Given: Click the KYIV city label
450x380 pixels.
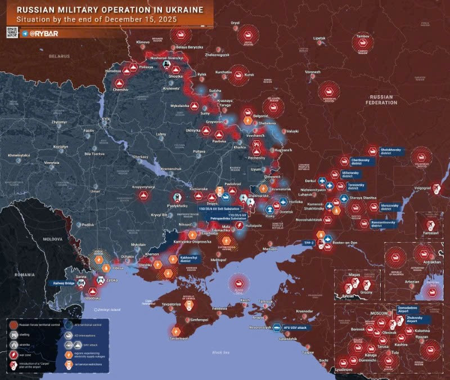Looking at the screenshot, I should [106, 119].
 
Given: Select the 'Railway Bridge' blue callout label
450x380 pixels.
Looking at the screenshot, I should [63, 283].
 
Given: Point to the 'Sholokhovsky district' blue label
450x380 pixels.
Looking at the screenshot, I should [393, 151].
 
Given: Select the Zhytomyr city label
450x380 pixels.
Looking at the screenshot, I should [58, 122].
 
